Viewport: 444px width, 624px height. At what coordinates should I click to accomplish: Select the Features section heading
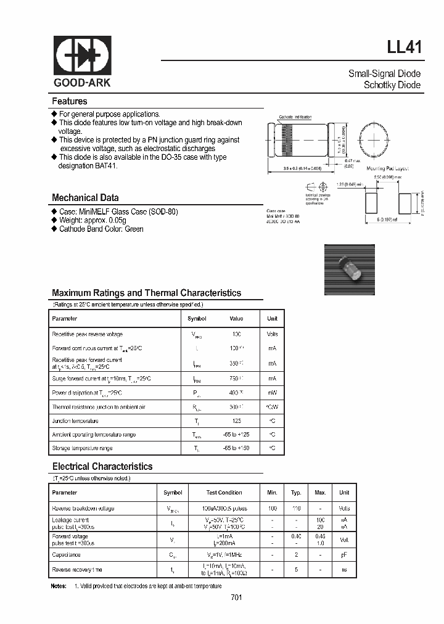point(69,101)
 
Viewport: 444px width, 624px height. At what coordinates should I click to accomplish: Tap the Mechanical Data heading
point(85,198)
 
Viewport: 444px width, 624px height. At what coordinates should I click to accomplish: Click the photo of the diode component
point(350,270)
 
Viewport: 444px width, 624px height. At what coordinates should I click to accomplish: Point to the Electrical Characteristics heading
point(102,467)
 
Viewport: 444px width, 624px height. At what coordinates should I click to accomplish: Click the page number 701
point(237,597)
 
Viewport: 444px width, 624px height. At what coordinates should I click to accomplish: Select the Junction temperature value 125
point(236,421)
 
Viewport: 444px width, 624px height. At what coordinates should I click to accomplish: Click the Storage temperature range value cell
point(236,448)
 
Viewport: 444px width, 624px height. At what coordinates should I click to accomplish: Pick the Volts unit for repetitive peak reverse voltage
point(272,334)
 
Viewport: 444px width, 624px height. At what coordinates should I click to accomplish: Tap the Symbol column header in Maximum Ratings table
point(197,319)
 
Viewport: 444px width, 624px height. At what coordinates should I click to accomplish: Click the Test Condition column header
point(224,493)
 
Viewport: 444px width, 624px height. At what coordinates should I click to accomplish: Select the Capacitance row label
point(66,555)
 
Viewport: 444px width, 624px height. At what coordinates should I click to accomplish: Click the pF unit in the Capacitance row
point(344,555)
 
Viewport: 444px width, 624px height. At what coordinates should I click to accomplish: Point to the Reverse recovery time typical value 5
point(296,570)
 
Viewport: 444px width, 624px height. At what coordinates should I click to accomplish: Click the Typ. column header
point(296,493)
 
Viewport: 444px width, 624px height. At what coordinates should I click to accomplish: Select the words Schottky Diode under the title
point(392,85)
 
